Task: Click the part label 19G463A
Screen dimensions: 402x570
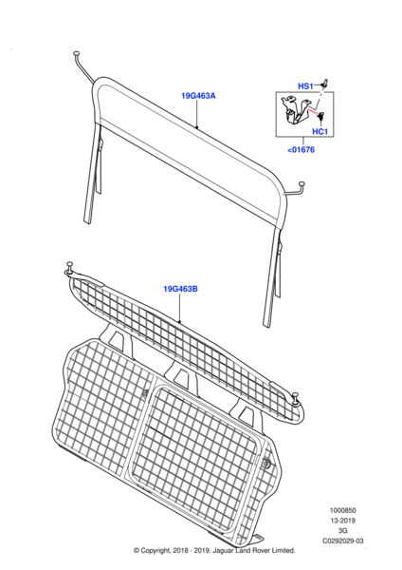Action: coord(198,96)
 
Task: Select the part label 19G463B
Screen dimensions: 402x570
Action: coord(180,289)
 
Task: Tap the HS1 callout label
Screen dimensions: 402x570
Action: coord(305,86)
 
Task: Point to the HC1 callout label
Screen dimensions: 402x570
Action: coord(320,131)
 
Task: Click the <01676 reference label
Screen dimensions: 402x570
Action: coord(301,150)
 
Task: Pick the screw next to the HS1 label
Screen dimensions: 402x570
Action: coord(324,84)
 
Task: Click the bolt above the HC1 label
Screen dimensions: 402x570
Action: coord(321,117)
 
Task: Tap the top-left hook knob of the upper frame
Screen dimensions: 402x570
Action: coord(77,54)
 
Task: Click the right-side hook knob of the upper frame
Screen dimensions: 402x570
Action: coord(301,184)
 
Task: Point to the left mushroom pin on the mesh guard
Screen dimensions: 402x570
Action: coord(69,266)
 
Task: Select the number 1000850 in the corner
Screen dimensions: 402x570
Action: coord(342,510)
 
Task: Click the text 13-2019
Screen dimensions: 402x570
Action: coord(342,521)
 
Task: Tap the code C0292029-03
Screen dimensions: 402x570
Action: coord(343,541)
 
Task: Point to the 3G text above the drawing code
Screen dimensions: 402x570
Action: coord(342,531)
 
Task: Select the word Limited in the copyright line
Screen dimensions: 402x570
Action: coord(283,551)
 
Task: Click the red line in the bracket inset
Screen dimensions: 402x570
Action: coord(313,111)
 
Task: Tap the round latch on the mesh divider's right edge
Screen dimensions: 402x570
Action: coord(266,463)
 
